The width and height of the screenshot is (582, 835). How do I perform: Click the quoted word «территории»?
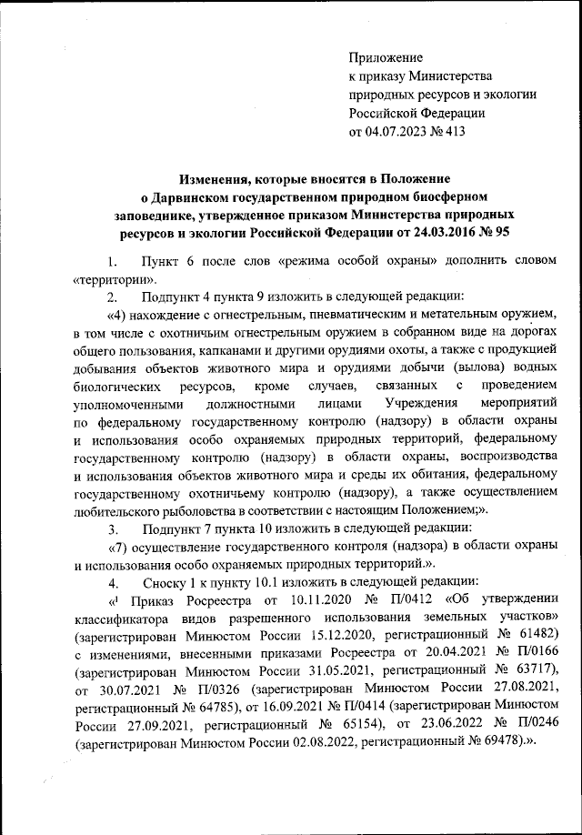coord(107,278)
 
